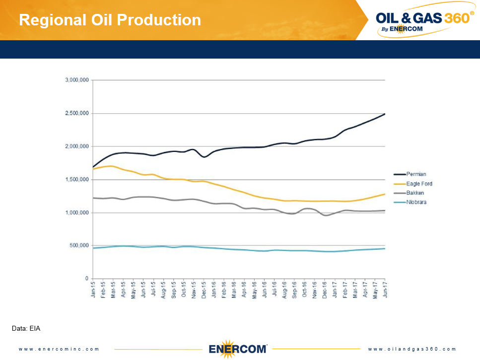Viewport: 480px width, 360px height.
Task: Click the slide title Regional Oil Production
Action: (x=110, y=20)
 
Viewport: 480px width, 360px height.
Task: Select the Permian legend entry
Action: (x=416, y=174)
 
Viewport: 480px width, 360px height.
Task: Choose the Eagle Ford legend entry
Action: (x=419, y=184)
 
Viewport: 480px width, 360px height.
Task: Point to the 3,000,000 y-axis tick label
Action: (x=77, y=80)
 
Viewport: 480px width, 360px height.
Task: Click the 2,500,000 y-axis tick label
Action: (x=77, y=113)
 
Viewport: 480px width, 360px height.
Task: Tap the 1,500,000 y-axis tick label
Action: (x=77, y=179)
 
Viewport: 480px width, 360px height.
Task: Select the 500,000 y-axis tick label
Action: (x=79, y=245)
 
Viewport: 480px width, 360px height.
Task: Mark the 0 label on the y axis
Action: (x=87, y=279)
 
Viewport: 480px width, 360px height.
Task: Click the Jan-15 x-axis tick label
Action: (x=93, y=289)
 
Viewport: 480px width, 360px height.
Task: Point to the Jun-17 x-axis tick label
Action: (x=385, y=289)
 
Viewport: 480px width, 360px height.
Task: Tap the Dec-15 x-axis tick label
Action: (x=204, y=289)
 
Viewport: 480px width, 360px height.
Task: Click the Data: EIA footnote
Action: (x=25, y=328)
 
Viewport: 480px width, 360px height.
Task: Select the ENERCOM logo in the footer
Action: (x=238, y=348)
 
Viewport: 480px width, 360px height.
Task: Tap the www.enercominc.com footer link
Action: (x=59, y=349)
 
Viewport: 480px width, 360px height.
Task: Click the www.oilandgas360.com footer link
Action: (x=412, y=349)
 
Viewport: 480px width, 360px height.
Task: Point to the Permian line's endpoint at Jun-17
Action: (x=385, y=114)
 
